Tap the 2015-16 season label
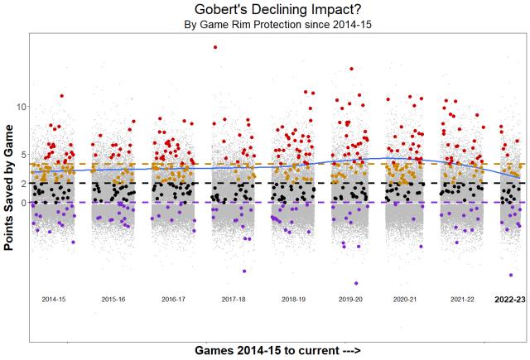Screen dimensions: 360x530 [113, 298]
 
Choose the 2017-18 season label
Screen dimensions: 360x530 [233, 298]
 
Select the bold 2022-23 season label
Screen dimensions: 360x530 [510, 298]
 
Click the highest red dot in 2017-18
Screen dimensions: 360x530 [215, 47]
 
